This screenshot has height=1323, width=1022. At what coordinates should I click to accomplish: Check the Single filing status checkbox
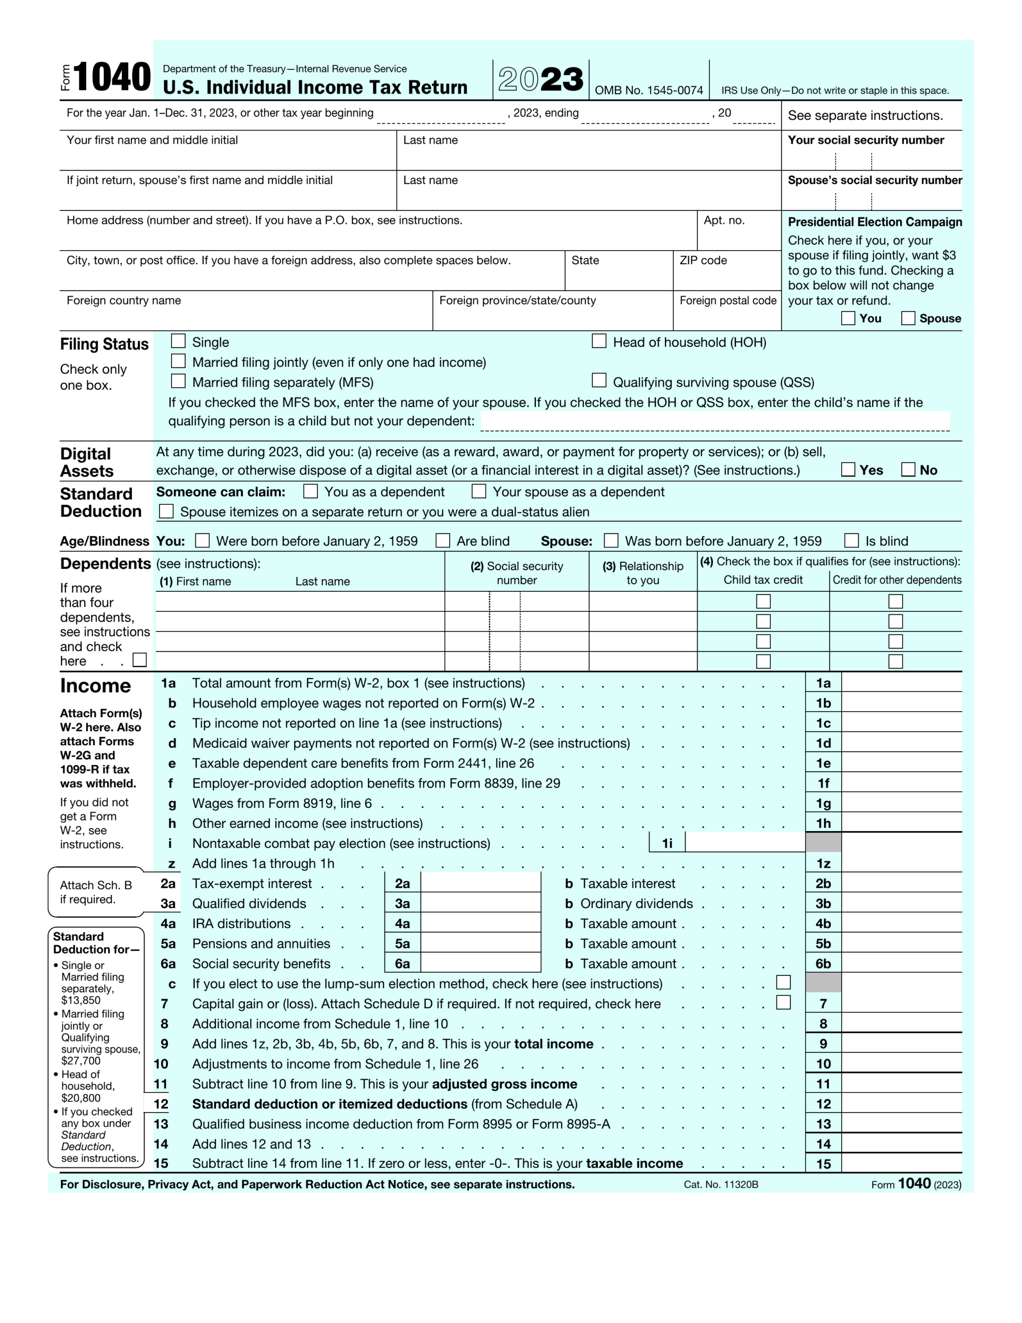pos(178,341)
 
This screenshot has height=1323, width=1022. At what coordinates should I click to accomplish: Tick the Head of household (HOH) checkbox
pos(598,341)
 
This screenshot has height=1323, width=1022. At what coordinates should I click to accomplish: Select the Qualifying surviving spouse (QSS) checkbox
pos(598,380)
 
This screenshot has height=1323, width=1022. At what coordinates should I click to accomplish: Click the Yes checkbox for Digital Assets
pos(848,469)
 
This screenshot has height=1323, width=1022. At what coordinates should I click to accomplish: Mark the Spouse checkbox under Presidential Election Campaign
pos(907,318)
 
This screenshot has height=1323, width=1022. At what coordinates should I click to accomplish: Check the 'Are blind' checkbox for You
pos(443,541)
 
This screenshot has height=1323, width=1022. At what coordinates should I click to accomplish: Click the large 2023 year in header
pos(540,80)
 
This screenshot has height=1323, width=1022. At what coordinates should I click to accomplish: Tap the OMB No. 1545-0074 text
pos(648,90)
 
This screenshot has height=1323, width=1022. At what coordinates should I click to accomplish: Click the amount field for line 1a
pos(901,683)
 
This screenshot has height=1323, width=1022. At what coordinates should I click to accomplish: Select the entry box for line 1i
pos(745,842)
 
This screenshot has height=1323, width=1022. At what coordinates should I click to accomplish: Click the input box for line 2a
pos(481,883)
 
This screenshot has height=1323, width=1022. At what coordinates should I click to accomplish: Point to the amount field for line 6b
pos(901,963)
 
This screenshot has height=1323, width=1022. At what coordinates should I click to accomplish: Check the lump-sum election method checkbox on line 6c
pos(783,982)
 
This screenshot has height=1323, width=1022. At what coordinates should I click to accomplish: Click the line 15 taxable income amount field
pos(901,1163)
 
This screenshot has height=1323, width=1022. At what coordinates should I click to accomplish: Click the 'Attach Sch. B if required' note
pos(96,891)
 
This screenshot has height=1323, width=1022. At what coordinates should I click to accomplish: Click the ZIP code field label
pos(703,260)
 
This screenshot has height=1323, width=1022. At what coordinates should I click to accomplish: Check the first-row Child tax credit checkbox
pos(763,601)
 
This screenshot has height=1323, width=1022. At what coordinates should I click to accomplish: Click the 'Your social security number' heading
pos(865,140)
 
